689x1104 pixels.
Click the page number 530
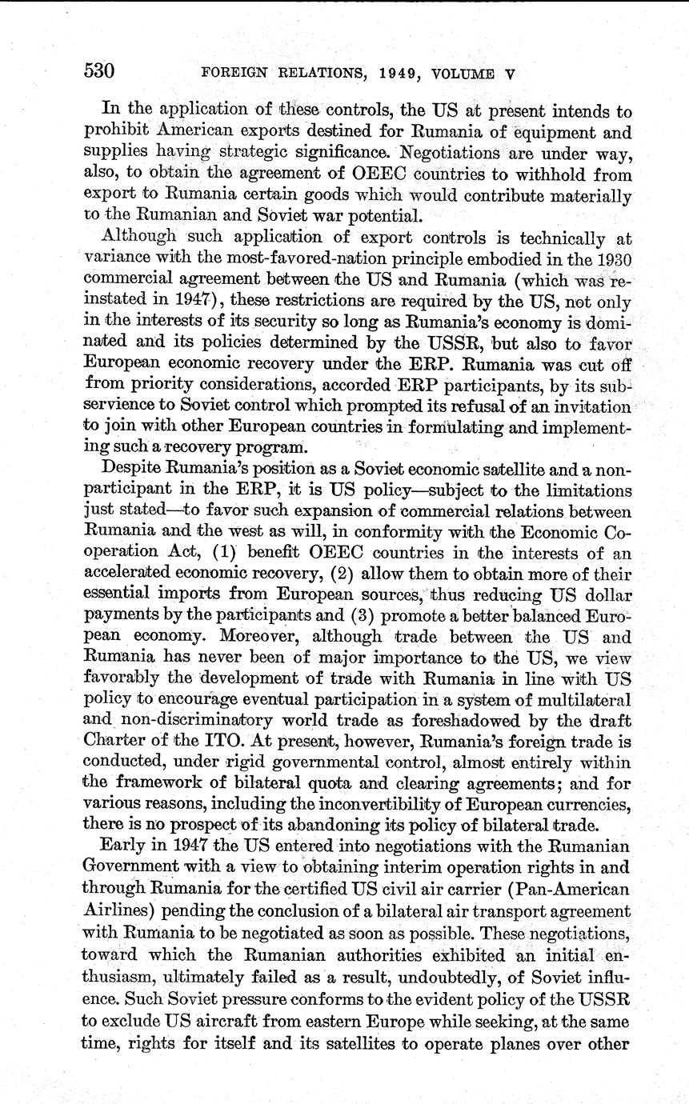[x=100, y=71]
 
